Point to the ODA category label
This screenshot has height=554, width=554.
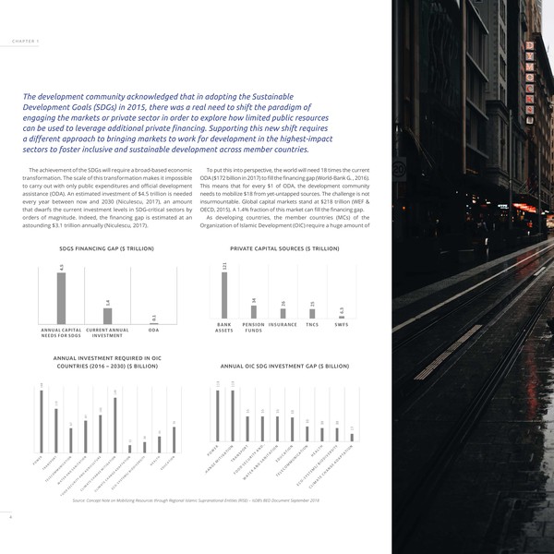153,331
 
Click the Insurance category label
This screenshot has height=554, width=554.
283,326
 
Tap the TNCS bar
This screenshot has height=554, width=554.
312,316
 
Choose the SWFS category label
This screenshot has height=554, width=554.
342,326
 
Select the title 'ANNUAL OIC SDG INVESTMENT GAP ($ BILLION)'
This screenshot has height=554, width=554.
284,366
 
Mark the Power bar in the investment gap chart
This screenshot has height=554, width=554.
218,416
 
